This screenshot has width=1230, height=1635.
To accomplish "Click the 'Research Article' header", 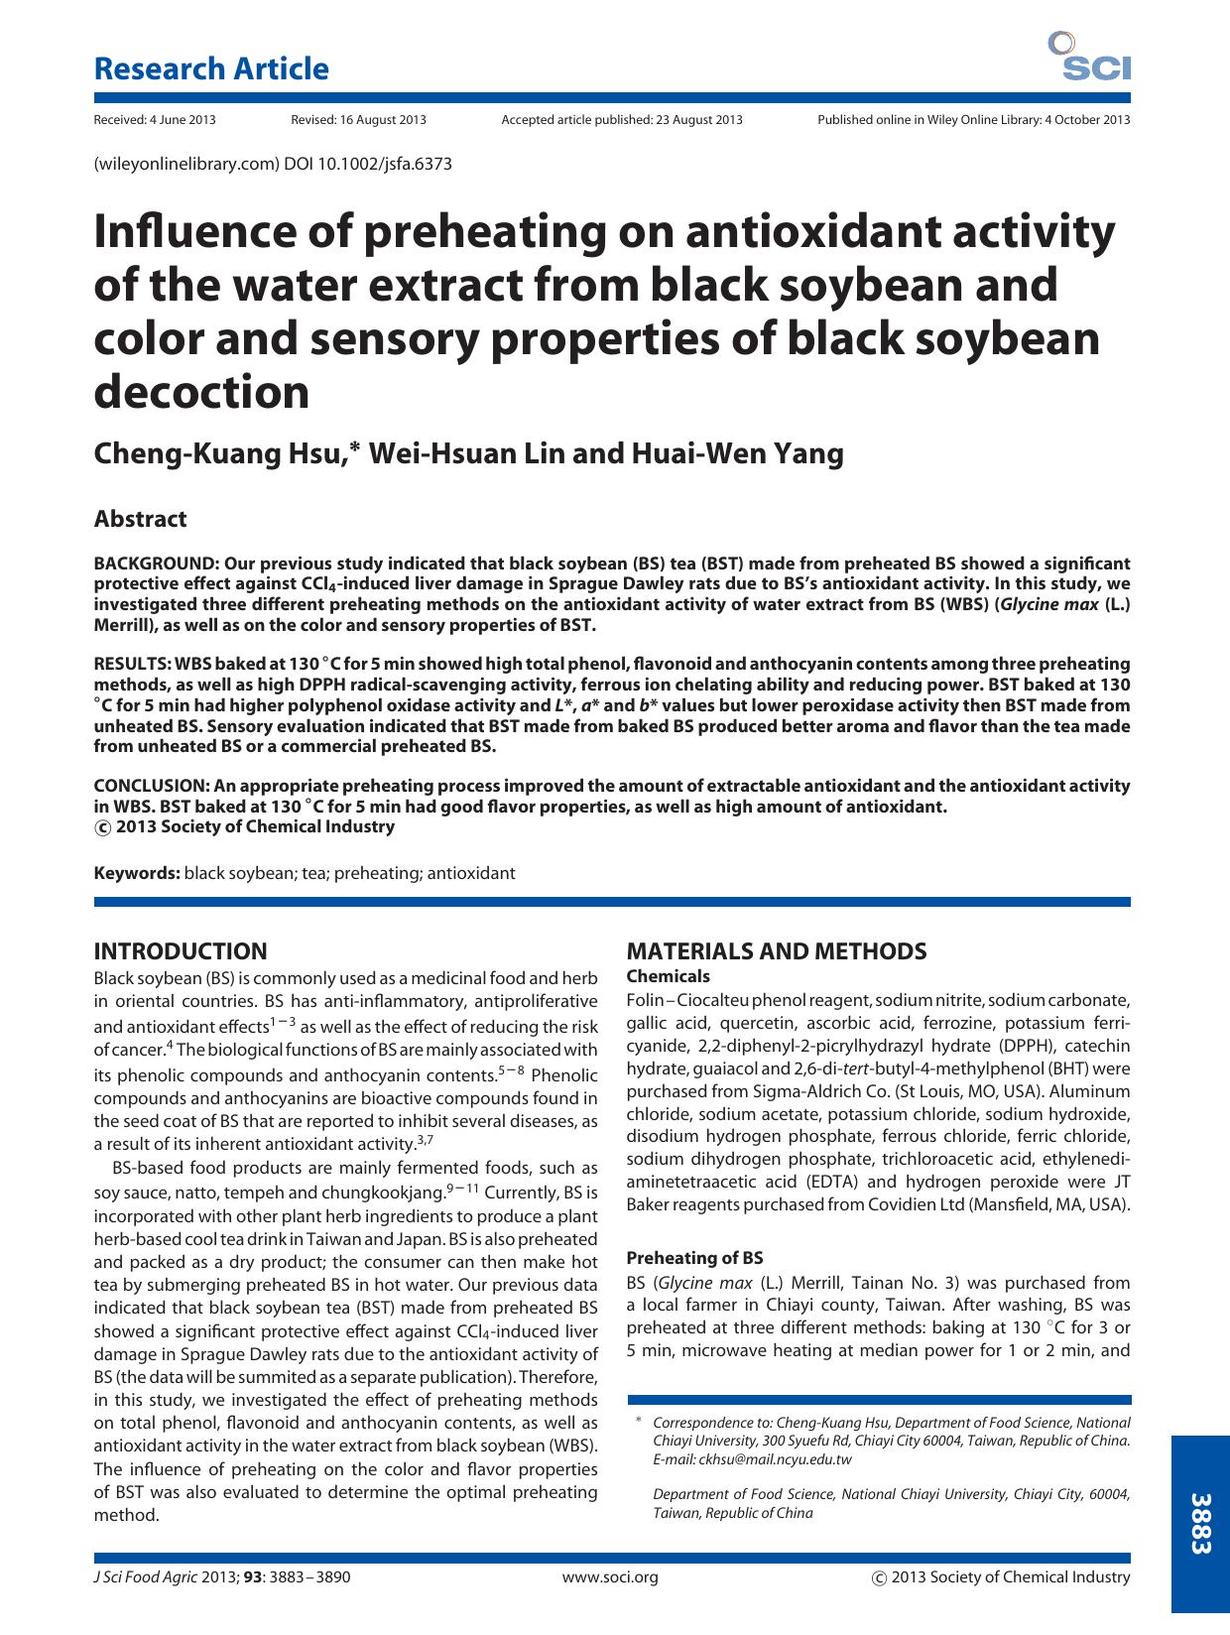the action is click(x=210, y=68).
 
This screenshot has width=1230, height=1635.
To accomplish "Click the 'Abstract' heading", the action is click(x=140, y=519).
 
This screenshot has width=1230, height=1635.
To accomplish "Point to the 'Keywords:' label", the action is click(x=137, y=873).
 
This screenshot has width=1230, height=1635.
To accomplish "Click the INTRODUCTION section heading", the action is click(x=181, y=951).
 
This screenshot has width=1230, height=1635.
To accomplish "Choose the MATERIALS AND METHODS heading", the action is click(x=777, y=951).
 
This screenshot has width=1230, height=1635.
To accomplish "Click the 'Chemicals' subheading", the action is click(x=669, y=976).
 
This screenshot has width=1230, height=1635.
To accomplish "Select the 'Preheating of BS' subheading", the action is click(x=694, y=1258).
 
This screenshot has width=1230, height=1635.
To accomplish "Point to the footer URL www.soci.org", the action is click(x=610, y=1577).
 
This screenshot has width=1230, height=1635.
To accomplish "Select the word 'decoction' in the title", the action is click(x=201, y=392).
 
